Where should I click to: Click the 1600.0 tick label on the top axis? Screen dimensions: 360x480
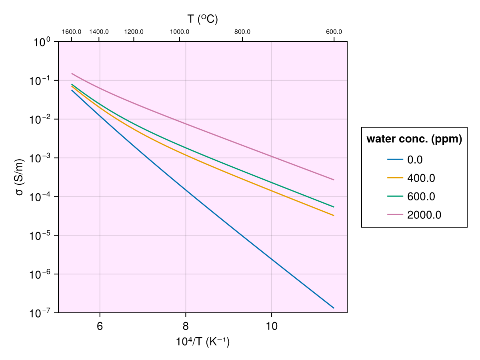tap(72, 32)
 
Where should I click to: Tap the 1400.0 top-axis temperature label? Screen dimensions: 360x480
tap(99, 32)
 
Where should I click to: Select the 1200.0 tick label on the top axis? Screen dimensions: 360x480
tap(134, 32)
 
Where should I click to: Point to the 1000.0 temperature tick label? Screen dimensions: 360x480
tap(180, 32)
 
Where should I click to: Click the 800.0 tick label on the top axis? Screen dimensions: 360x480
tap(243, 32)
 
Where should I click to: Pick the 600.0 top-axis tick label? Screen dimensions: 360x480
tap(334, 32)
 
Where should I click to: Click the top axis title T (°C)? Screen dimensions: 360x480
tap(203, 19)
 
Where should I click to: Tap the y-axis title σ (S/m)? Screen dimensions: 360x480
tap(19, 177)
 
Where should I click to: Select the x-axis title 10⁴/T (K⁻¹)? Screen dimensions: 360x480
tap(203, 342)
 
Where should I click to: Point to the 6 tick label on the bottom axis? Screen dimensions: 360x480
tap(100, 326)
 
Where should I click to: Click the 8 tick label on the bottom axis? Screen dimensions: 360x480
tap(186, 326)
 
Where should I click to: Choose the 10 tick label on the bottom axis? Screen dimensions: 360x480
tap(272, 326)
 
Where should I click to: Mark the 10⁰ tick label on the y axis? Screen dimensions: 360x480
tap(42, 42)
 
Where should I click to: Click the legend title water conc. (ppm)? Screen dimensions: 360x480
tap(414, 139)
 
